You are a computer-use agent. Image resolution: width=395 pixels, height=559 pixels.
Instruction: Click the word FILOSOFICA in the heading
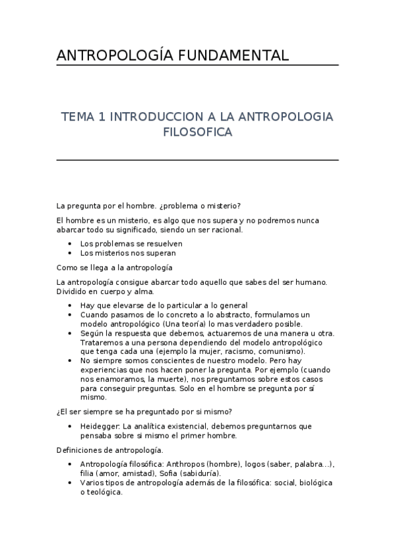(197, 132)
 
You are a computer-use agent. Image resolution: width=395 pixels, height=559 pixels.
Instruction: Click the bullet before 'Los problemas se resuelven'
(71, 243)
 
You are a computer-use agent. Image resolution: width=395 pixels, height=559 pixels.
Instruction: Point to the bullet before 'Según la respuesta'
(71, 334)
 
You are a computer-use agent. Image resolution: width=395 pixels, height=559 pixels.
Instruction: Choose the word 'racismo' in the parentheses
(237, 352)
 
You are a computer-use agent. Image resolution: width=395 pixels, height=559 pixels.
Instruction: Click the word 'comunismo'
(282, 352)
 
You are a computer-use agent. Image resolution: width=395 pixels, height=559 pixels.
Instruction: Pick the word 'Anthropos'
(190, 464)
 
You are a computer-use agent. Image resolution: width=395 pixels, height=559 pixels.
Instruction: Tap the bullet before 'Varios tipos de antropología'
(71, 483)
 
